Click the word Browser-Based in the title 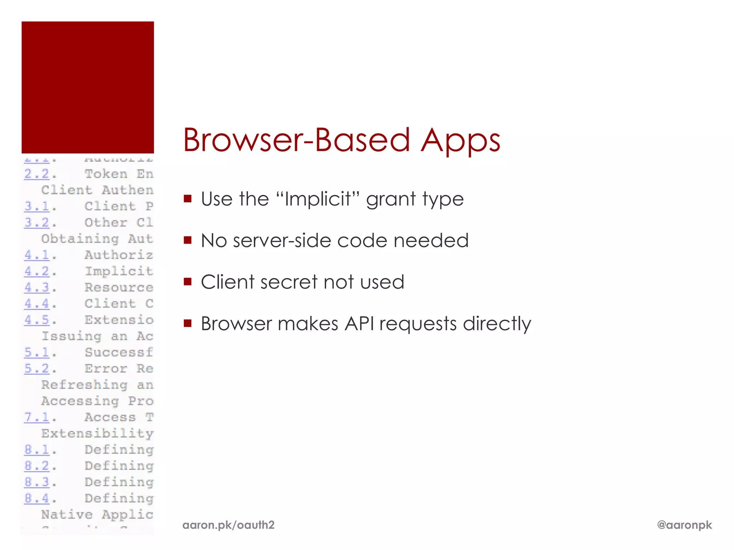(x=296, y=140)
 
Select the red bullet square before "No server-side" (x=187, y=240)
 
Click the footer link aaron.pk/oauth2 (x=228, y=525)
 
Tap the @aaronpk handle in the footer (x=684, y=525)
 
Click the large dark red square (x=88, y=87)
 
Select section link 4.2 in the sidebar (x=37, y=271)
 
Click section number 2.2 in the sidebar (x=37, y=174)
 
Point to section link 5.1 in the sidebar (x=37, y=352)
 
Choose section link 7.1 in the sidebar (x=37, y=417)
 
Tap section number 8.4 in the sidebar (x=37, y=498)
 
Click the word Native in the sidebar (x=67, y=515)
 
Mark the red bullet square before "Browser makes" (x=187, y=323)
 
